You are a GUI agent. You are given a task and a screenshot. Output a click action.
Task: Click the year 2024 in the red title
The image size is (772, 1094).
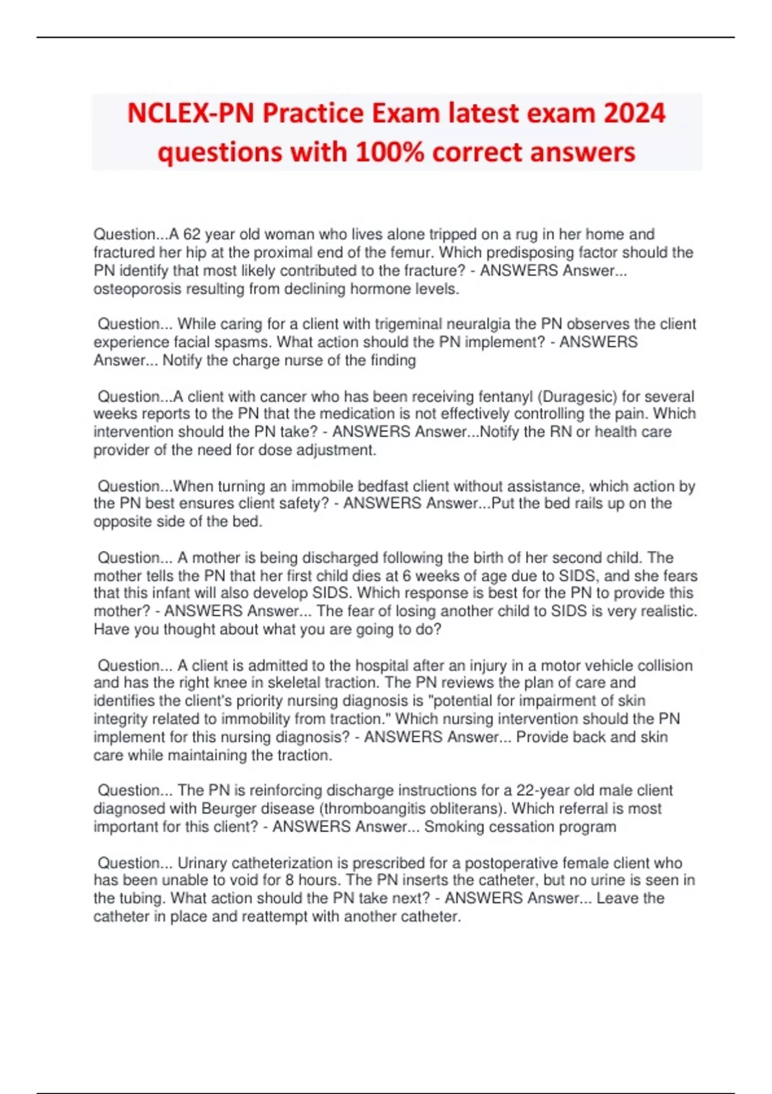(634, 113)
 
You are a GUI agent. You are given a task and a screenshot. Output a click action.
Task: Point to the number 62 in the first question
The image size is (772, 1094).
(191, 234)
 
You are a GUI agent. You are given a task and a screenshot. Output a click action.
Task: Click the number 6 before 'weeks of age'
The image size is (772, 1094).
(407, 575)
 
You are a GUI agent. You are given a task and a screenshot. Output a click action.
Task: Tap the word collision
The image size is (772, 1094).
(661, 665)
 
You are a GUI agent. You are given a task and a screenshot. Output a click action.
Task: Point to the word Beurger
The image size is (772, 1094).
(230, 808)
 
